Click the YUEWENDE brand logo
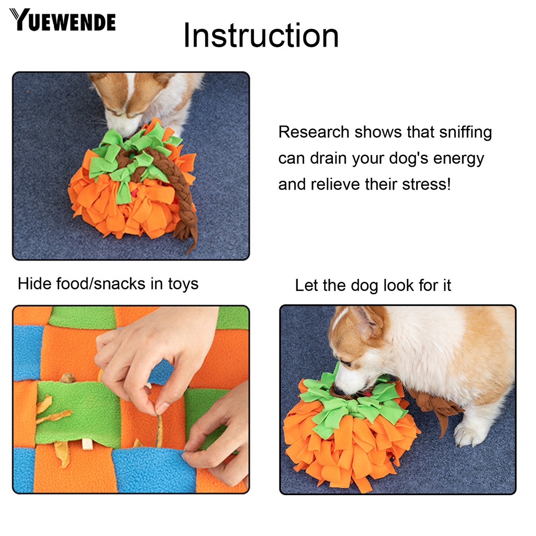[x=63, y=20]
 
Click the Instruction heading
[x=261, y=36]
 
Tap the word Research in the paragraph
[x=314, y=132]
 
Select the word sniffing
[x=465, y=133]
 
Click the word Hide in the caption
[x=35, y=284]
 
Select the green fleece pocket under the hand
[x=79, y=414]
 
